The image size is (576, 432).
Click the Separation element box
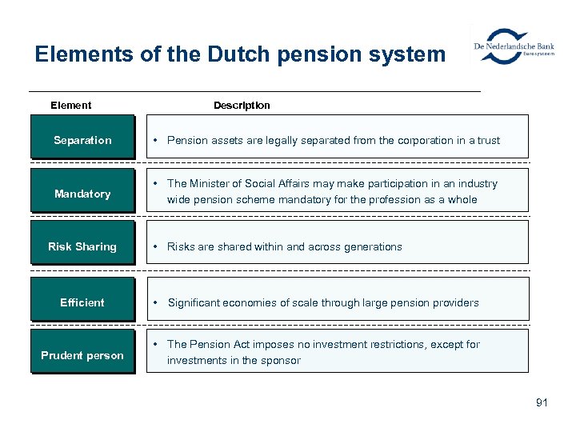(x=82, y=141)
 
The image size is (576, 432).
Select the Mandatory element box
(x=82, y=194)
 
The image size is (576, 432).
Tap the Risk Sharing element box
(x=82, y=246)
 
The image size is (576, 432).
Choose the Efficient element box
(x=82, y=302)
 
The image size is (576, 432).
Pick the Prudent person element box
(x=82, y=355)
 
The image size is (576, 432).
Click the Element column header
(x=70, y=106)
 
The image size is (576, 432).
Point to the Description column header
(x=242, y=106)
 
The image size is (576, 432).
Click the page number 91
(x=542, y=402)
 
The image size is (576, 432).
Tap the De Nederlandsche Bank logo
(x=513, y=47)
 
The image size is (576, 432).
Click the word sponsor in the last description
(x=282, y=361)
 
